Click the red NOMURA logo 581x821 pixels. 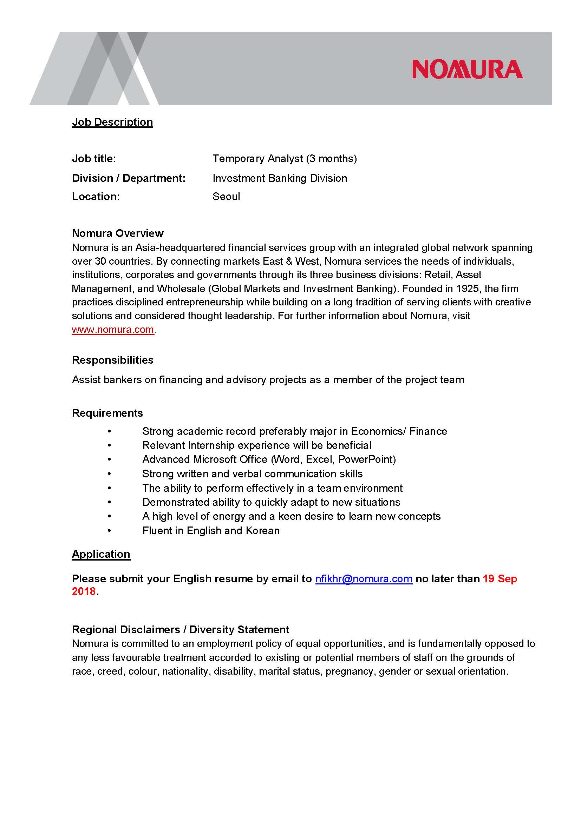tap(467, 69)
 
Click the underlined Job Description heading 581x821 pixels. tap(112, 122)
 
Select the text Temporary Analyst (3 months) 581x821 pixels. tap(285, 158)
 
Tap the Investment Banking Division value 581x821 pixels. tap(279, 178)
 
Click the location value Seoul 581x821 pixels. tap(226, 196)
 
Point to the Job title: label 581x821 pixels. tap(94, 158)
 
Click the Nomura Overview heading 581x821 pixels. tap(118, 233)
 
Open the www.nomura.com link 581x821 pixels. tap(113, 329)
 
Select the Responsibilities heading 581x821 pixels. tap(112, 360)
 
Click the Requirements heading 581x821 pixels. tap(107, 413)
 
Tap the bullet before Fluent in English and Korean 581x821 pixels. tap(109, 531)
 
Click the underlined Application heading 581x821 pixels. tap(101, 554)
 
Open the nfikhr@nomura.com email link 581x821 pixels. tap(364, 578)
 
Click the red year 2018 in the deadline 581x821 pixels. tap(84, 591)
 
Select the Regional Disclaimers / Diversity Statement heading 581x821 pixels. tap(180, 629)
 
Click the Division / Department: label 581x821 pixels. tap(129, 178)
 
